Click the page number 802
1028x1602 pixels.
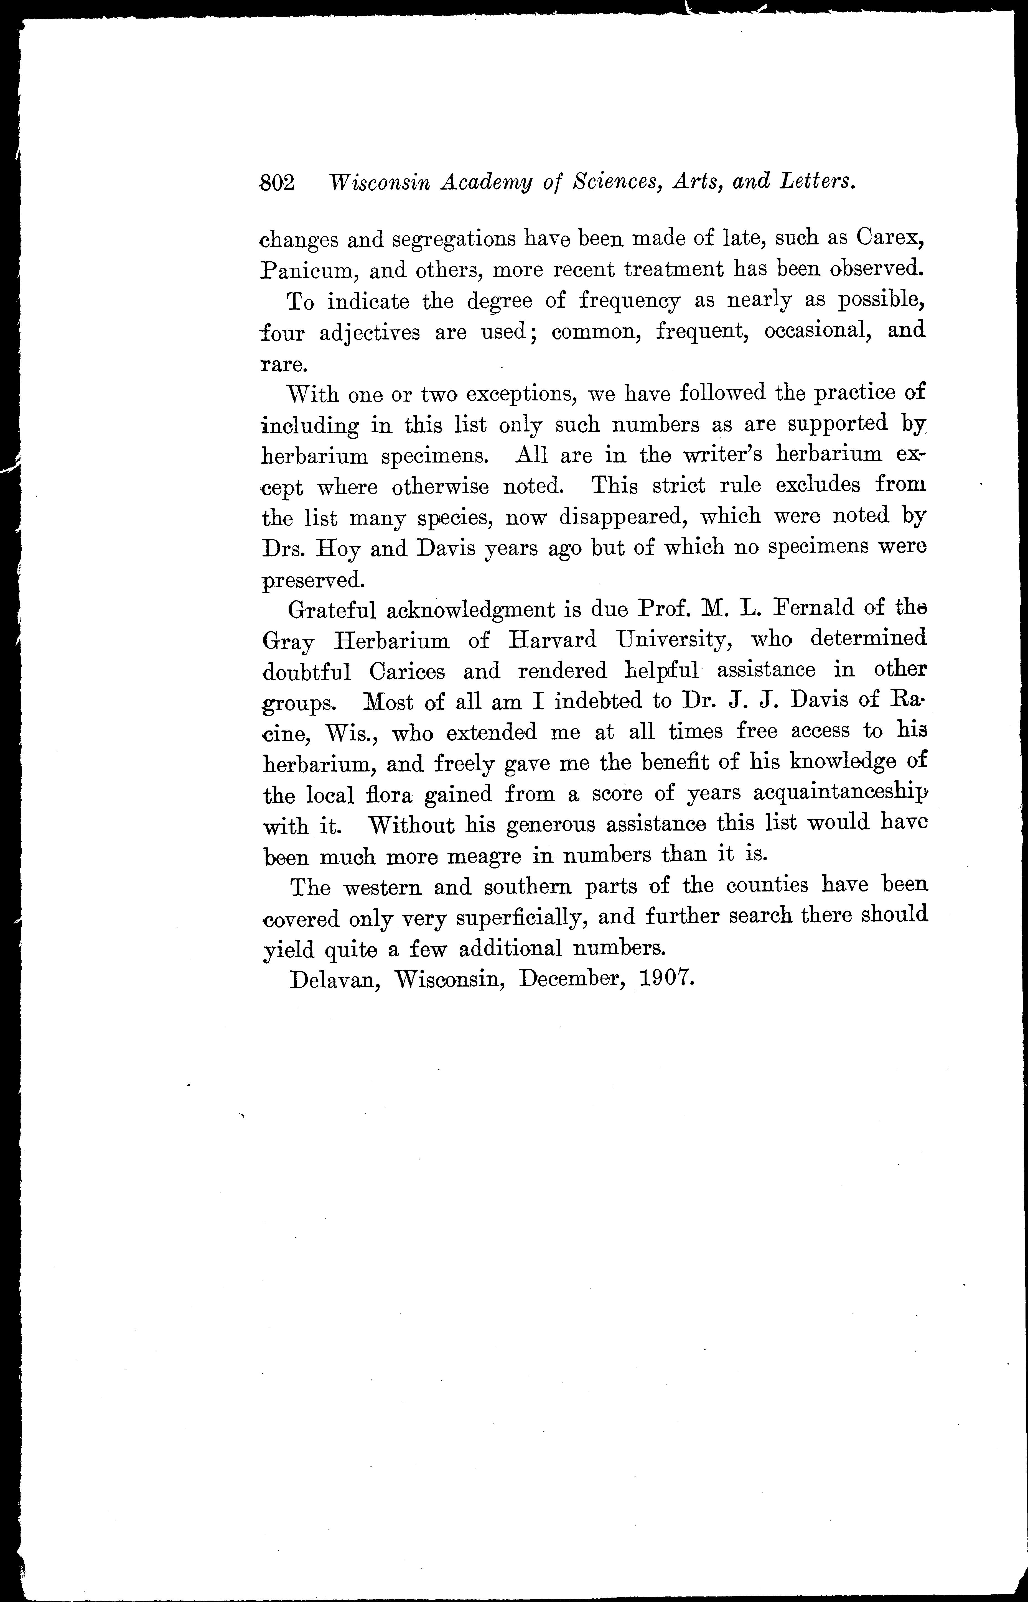coord(276,182)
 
